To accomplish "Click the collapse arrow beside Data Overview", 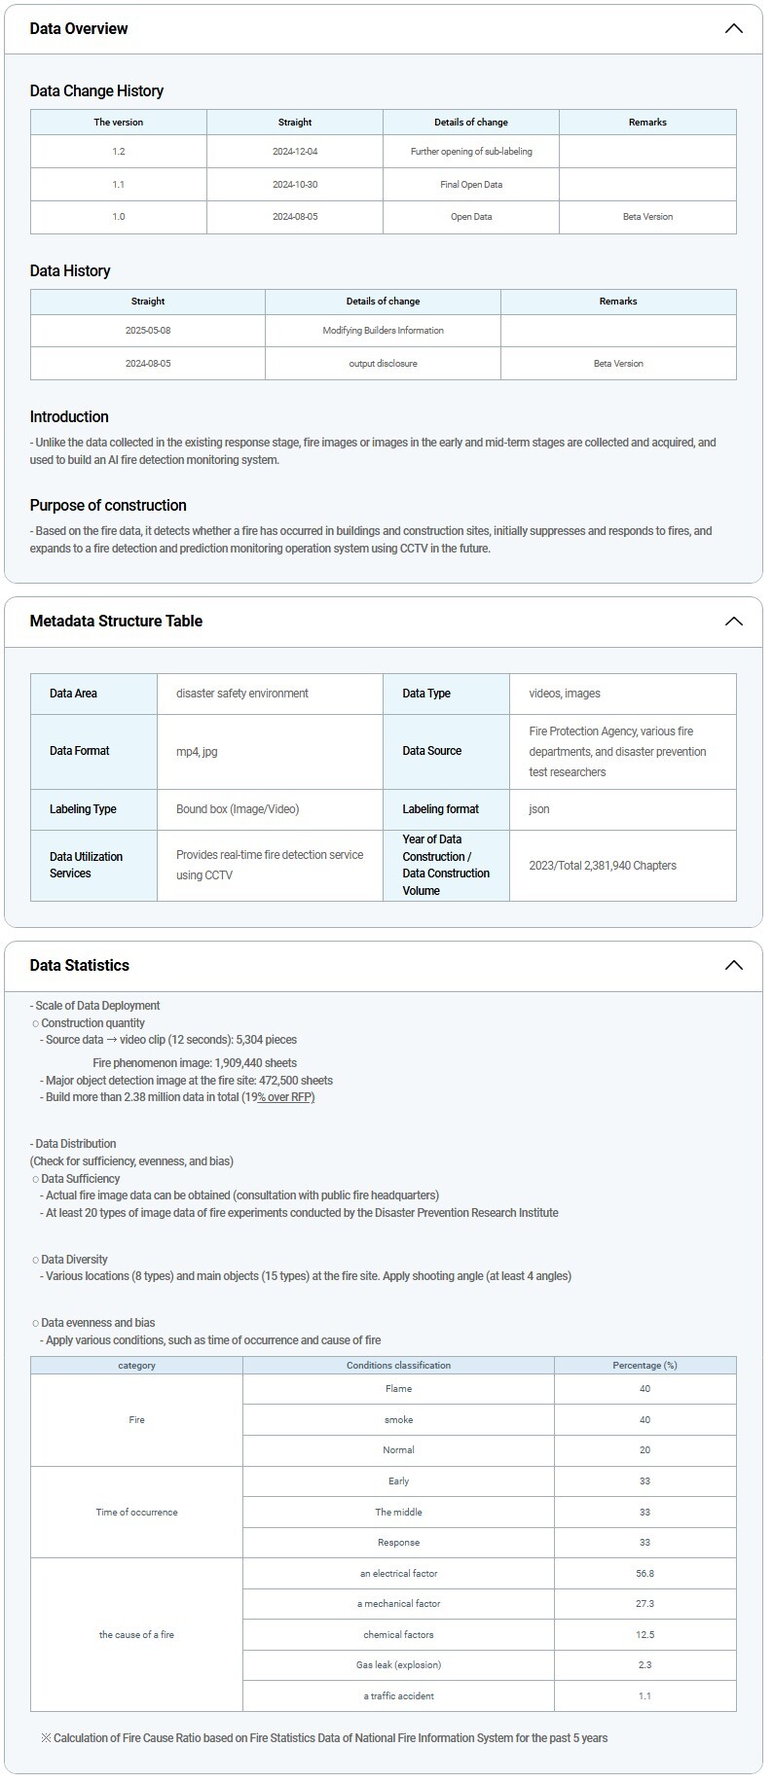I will (x=734, y=28).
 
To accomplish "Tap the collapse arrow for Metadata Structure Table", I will (x=734, y=621).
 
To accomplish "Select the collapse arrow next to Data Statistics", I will (x=734, y=965).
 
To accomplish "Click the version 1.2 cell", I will (x=119, y=152).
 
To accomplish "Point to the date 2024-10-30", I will (x=295, y=185).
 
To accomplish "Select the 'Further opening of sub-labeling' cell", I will (x=471, y=152).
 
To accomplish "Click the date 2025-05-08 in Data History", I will (x=148, y=331).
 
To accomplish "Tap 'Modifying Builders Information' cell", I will (x=383, y=331).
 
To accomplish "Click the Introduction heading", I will (x=69, y=416).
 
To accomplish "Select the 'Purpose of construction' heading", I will (x=108, y=505).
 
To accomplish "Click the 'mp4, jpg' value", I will (x=197, y=751).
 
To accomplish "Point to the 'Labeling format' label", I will (x=441, y=809).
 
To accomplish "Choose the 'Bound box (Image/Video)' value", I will (x=238, y=809).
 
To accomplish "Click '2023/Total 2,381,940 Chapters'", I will (x=603, y=866).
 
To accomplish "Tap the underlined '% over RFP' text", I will (x=285, y=1097).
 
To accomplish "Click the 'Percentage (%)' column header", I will (x=644, y=1366).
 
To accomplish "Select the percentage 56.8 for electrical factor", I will (x=644, y=1574).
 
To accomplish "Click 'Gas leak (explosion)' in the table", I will (x=398, y=1665).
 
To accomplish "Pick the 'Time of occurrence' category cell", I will (x=136, y=1513).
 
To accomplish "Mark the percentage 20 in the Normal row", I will (x=644, y=1450).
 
